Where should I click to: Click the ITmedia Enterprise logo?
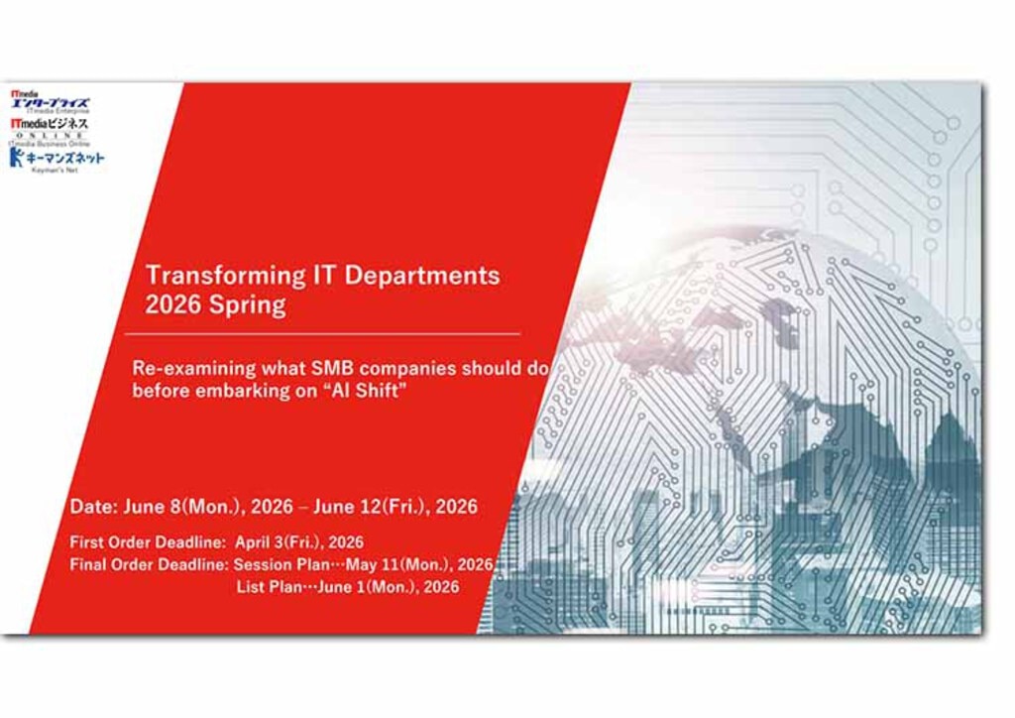(50, 102)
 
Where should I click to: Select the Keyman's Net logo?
(56, 159)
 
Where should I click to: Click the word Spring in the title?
(247, 304)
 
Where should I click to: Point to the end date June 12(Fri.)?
(373, 506)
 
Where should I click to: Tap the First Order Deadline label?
(148, 542)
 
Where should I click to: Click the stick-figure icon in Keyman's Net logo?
(16, 157)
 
